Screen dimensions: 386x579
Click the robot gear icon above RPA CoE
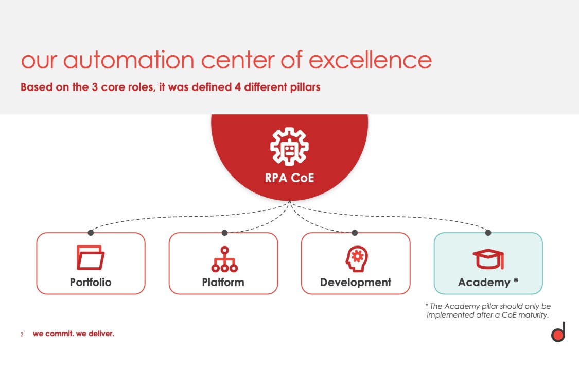click(289, 147)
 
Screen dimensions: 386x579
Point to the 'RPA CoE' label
click(289, 178)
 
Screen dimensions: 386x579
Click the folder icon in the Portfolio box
click(91, 258)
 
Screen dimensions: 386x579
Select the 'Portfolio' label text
click(91, 282)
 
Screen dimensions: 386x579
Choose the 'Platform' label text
click(223, 282)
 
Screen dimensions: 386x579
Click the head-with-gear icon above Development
click(356, 258)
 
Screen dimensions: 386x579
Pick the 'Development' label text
click(356, 282)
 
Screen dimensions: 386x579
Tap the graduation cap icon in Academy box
click(488, 258)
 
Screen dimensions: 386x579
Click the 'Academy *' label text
click(488, 282)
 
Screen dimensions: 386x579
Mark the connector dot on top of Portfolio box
click(91, 233)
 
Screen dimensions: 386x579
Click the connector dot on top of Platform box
click(224, 233)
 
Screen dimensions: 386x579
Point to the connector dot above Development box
click(355, 233)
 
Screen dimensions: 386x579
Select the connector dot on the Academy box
click(488, 233)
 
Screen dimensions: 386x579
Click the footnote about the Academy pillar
click(488, 310)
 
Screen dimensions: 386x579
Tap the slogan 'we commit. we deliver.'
click(73, 334)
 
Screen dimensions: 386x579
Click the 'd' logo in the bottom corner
click(558, 333)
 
